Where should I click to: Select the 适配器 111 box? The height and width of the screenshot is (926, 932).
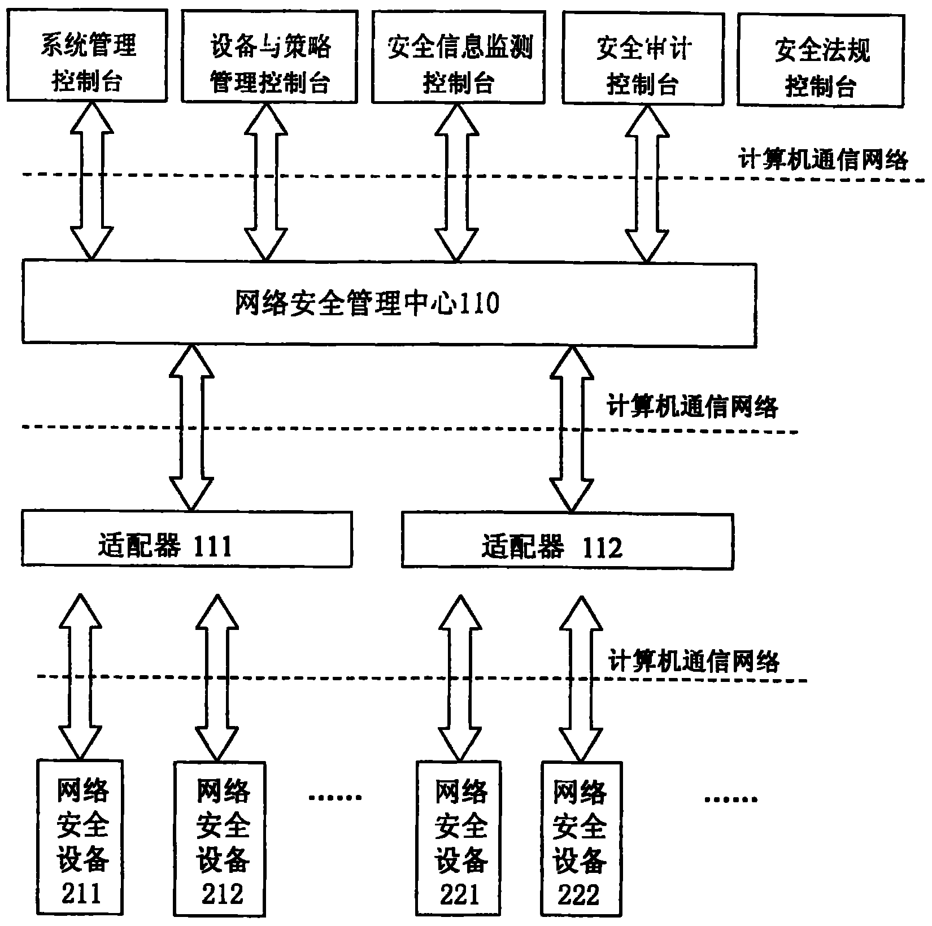coord(186,539)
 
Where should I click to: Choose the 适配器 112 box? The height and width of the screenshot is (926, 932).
coord(567,541)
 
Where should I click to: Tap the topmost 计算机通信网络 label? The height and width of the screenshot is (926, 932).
coord(822,160)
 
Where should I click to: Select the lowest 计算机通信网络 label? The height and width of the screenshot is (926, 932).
coord(693,662)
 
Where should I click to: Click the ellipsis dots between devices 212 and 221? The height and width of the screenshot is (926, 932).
coord(335,797)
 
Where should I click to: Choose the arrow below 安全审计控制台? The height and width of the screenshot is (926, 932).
coord(646,184)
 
